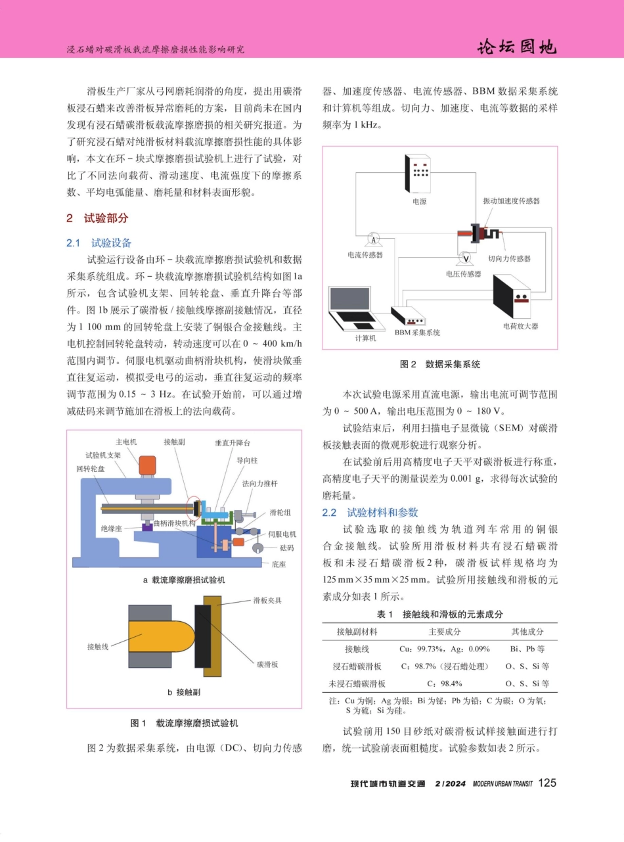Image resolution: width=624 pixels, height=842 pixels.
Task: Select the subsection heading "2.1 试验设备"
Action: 99,243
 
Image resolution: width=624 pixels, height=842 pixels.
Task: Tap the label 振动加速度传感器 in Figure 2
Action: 511,200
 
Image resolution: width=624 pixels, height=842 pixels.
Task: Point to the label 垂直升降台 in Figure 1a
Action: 232,442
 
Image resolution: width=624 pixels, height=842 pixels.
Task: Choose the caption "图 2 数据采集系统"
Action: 440,364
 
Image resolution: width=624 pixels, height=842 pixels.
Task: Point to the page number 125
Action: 546,782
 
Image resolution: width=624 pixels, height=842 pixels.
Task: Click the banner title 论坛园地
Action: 517,47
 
